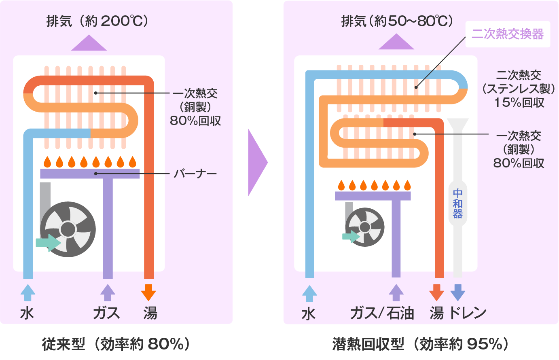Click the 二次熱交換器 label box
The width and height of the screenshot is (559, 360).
[508, 34]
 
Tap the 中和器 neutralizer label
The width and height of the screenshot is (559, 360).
[457, 204]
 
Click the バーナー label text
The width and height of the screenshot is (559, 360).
[195, 174]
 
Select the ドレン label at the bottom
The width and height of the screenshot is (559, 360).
[468, 313]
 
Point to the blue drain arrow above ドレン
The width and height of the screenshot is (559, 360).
[457, 292]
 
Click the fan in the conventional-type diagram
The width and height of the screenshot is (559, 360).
[68, 229]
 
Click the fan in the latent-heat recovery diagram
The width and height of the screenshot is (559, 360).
[365, 227]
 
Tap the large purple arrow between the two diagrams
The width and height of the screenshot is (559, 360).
[257, 162]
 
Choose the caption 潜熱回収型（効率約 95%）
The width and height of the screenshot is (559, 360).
[420, 344]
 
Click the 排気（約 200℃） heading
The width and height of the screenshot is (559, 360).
[97, 21]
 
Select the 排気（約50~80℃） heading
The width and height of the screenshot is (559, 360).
[397, 21]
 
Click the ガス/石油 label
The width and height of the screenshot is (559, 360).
[382, 313]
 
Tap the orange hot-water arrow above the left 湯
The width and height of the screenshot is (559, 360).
[148, 292]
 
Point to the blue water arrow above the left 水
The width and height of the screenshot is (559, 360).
[28, 292]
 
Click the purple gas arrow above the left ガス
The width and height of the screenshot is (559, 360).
[107, 292]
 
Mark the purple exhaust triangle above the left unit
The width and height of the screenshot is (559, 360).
[89, 44]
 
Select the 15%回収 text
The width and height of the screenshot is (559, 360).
[519, 103]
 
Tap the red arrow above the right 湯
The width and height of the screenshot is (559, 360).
[436, 292]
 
